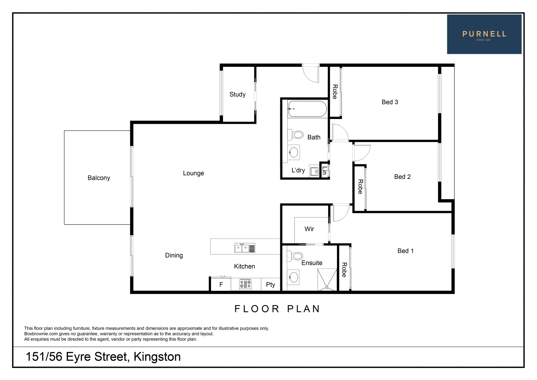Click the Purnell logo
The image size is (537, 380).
pyautogui.click(x=484, y=34)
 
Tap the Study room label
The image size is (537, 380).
pyautogui.click(x=237, y=94)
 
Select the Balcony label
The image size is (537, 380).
pyautogui.click(x=99, y=178)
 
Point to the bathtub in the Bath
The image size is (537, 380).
pyautogui.click(x=307, y=109)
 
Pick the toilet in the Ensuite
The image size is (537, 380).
pyautogui.click(x=295, y=256)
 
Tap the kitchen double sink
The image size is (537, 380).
pyautogui.click(x=244, y=248)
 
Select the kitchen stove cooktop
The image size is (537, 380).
pyautogui.click(x=245, y=284)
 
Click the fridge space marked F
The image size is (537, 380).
pyautogui.click(x=221, y=285)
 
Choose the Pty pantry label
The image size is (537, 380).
pyautogui.click(x=270, y=285)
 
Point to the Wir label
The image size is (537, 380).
pyautogui.click(x=309, y=229)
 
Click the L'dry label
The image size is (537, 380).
pyautogui.click(x=298, y=170)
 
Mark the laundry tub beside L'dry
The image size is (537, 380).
pyautogui.click(x=314, y=171)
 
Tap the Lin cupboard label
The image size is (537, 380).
pyautogui.click(x=324, y=171)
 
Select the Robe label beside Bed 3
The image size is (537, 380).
pyautogui.click(x=335, y=92)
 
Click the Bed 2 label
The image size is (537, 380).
pyautogui.click(x=402, y=177)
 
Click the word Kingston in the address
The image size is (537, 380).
pyautogui.click(x=157, y=357)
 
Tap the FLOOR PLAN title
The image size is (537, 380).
pyautogui.click(x=277, y=309)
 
